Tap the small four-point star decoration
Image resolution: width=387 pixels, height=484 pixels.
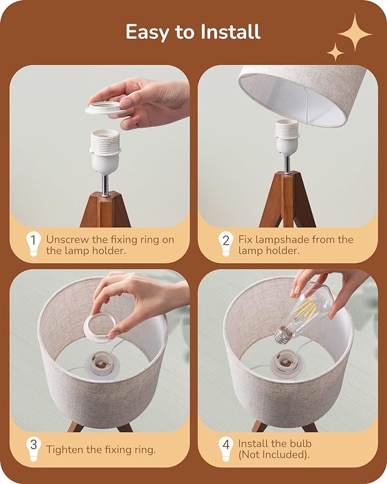click(335, 52)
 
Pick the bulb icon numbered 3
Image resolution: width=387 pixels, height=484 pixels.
click(33, 449)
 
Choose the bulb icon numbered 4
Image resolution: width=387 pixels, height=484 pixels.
click(225, 449)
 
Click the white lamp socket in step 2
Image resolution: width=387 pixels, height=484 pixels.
click(286, 137)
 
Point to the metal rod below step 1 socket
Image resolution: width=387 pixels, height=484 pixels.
click(105, 184)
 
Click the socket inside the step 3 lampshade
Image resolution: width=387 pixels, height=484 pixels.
click(103, 365)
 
